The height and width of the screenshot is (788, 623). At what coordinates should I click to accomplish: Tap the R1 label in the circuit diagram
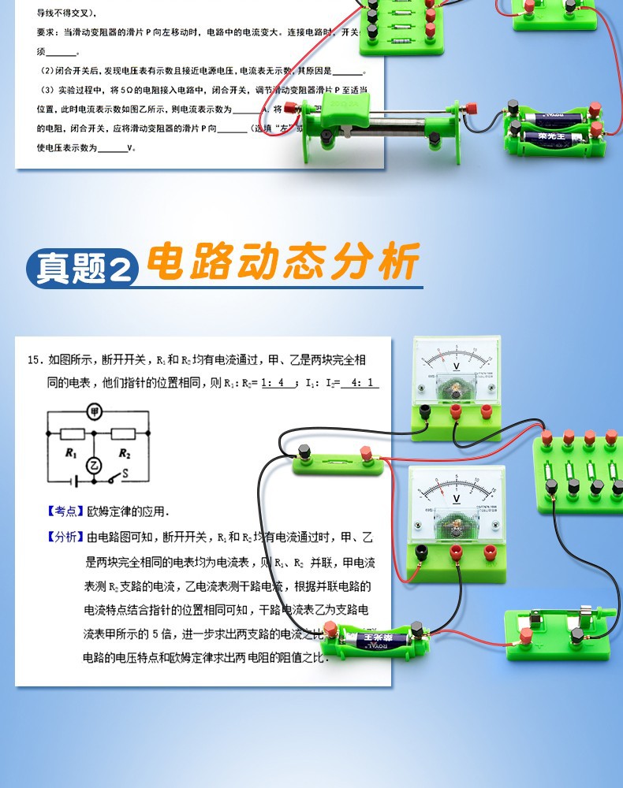point(71,453)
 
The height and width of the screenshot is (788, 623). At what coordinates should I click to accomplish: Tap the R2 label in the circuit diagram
point(124,453)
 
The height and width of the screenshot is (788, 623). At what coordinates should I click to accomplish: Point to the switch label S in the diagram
point(125,473)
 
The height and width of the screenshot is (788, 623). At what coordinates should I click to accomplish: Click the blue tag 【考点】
point(65,511)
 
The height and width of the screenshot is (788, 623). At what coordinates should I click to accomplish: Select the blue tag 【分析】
point(65,537)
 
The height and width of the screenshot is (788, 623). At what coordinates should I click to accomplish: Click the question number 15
point(34,360)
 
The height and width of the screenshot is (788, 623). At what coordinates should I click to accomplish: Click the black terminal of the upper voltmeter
point(424,411)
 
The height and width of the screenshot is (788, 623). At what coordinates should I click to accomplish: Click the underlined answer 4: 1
point(360,384)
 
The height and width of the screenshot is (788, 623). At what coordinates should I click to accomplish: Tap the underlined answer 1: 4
point(272,384)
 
